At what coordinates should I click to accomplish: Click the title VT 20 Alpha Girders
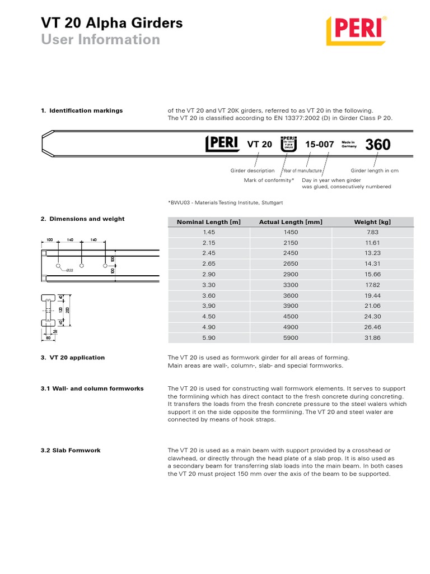pos(111,23)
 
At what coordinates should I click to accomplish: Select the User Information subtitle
pos(100,40)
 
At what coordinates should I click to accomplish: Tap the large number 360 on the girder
pos(378,145)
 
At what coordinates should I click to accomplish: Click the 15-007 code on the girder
pos(320,145)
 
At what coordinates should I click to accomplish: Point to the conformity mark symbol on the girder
pos(288,144)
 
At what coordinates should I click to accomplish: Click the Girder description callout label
pos(253,170)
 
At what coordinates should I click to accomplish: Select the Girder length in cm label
pos(375,170)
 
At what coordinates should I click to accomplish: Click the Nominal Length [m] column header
pos(208,222)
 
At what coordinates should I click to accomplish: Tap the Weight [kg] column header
pos(372,222)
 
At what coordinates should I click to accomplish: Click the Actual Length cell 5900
pos(291,337)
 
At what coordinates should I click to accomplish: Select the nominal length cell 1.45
pos(208,232)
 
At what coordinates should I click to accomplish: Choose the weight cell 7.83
pos(372,232)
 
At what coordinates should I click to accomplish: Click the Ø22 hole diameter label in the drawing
pos(70,271)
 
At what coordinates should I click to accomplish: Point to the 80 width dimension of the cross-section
pos(48,338)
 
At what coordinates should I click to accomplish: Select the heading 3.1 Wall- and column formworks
pos(92,388)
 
